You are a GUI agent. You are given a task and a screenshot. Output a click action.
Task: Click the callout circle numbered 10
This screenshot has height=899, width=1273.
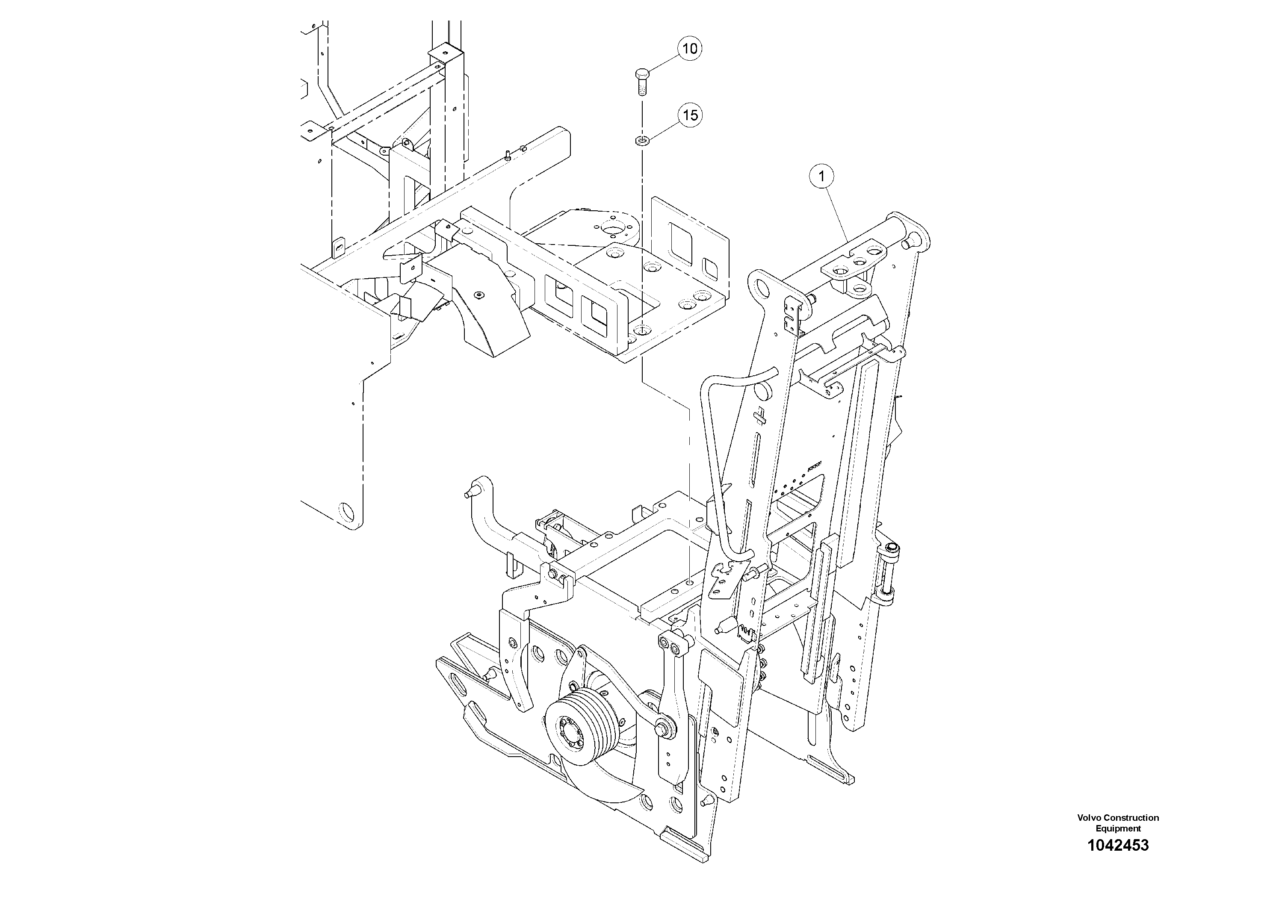pyautogui.click(x=689, y=49)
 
